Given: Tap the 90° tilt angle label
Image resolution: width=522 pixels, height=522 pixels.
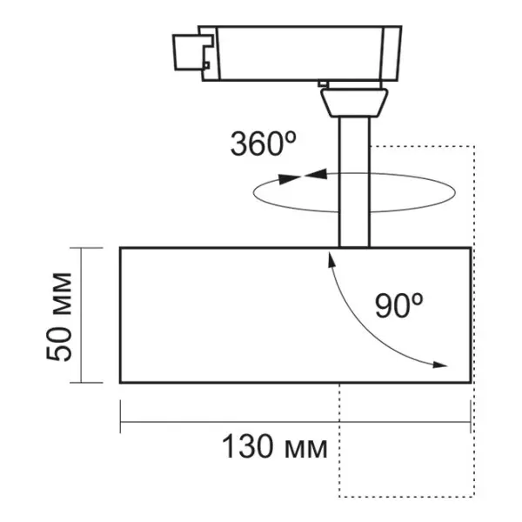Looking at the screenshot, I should [x=399, y=304].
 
